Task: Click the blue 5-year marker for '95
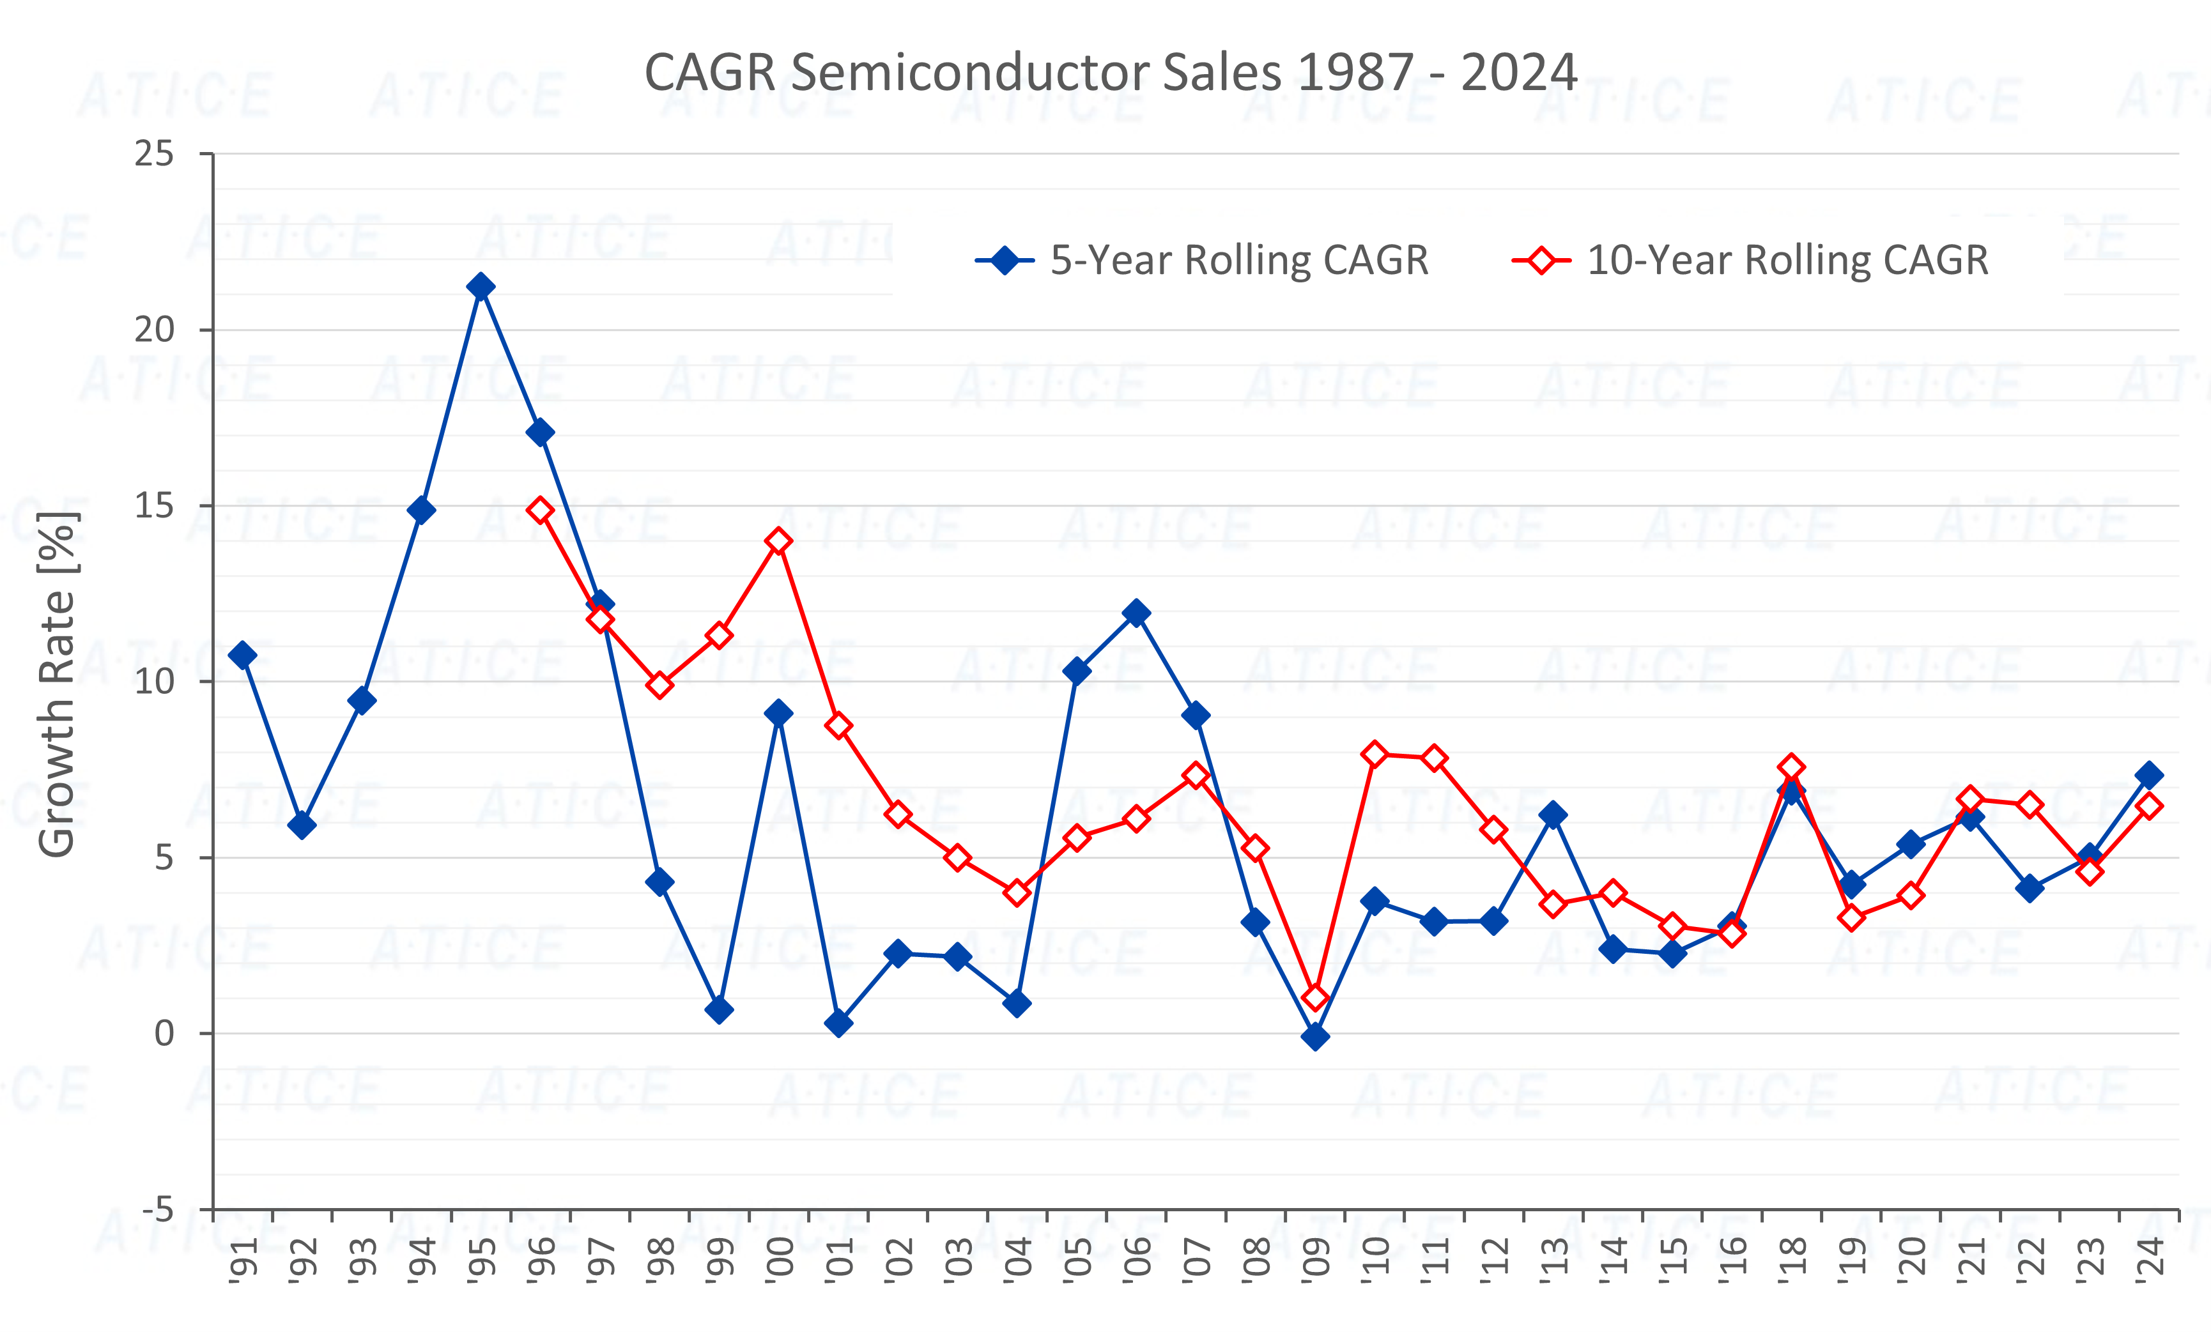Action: (481, 287)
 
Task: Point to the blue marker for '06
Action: (1136, 613)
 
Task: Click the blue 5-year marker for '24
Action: (2149, 775)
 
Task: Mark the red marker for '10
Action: (1375, 754)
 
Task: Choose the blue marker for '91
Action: (242, 655)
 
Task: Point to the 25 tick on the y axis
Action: (155, 154)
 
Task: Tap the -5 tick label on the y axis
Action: (158, 1210)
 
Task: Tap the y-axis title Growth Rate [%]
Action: (56, 684)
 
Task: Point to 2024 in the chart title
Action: (1518, 73)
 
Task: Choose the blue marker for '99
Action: (719, 1010)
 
